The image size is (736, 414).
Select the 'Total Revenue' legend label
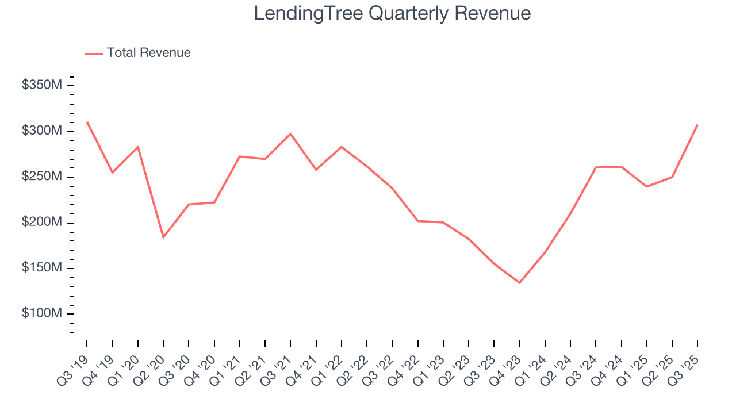pos(148,53)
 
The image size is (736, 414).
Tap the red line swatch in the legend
pos(94,53)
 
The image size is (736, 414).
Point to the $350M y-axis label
pos(42,85)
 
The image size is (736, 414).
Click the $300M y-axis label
pos(42,131)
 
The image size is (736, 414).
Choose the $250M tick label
pos(42,177)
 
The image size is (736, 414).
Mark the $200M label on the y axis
pos(42,223)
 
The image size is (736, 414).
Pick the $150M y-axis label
pos(42,268)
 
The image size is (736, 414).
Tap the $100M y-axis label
pos(42,313)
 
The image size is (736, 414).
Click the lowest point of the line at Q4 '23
pos(519,283)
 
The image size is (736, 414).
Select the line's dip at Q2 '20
pos(163,237)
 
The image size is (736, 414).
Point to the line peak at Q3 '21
pos(290,134)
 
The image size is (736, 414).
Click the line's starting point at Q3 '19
pos(87,122)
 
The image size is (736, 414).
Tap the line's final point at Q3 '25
pos(697,125)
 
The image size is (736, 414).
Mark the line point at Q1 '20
pos(138,147)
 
